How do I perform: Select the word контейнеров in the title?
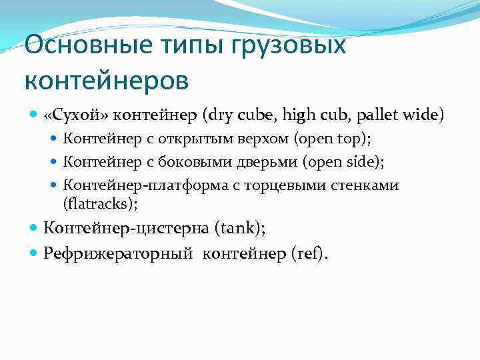pyautogui.click(x=107, y=81)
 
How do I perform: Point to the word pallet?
pyautogui.click(x=377, y=115)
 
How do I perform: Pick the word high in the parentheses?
pyautogui.click(x=300, y=115)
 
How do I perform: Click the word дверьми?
pyautogui.click(x=261, y=162)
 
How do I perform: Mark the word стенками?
pyautogui.click(x=367, y=185)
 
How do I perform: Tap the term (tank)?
pyautogui.click(x=240, y=229)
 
